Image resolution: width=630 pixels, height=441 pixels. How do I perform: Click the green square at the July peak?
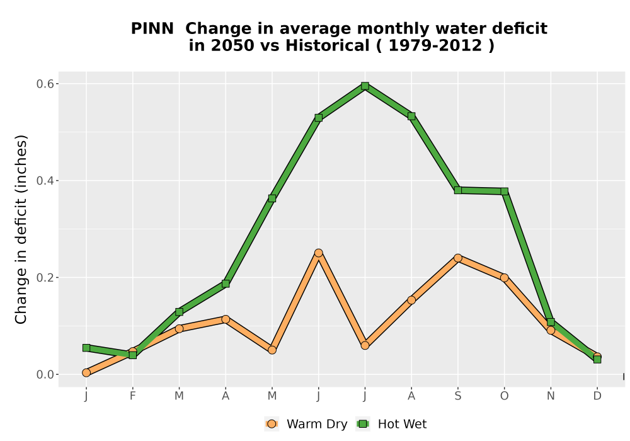point(365,86)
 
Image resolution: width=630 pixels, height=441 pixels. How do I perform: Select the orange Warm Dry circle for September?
point(457,258)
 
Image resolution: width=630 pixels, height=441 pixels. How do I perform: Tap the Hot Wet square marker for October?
point(504,192)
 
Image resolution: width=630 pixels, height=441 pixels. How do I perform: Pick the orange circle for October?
point(504,278)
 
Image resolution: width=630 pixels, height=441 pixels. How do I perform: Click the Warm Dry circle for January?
point(86,373)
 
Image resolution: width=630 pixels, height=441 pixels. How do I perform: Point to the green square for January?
point(86,348)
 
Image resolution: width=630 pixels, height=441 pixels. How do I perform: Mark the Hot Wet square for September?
point(457,190)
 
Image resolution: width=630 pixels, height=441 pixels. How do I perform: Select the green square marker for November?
point(551,322)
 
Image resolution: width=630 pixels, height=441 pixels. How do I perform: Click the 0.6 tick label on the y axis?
point(45,84)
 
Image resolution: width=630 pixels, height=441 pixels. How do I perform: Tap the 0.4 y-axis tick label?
point(45,181)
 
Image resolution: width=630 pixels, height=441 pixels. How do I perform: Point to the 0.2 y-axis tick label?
point(45,278)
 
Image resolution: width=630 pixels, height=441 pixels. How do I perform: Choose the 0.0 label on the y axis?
point(45,375)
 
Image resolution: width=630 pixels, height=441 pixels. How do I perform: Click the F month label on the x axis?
point(132,396)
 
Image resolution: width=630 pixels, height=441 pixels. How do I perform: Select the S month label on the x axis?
point(457,396)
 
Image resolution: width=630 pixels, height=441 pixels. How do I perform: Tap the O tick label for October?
point(504,396)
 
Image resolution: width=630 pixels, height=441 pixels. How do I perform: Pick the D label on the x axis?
point(597,396)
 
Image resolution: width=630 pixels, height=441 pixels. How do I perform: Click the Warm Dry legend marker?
point(272,424)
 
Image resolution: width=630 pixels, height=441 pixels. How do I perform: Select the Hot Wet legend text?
point(402,424)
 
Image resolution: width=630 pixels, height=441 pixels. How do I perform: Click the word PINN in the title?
point(152,29)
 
